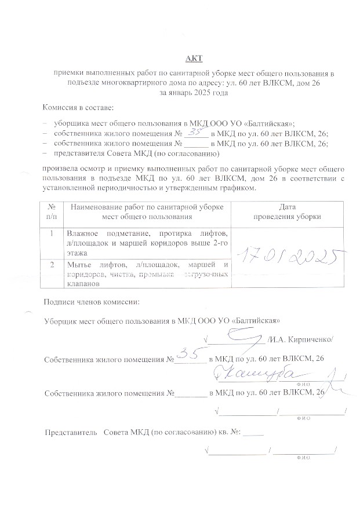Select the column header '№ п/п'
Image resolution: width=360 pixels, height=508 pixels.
coord(52,211)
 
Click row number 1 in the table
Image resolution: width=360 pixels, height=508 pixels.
coord(52,233)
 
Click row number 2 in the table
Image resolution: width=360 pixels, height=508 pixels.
coord(52,265)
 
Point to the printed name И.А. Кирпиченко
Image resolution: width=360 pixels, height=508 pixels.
coord(301,339)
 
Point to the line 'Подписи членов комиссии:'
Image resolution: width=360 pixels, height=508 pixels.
coord(92,302)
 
